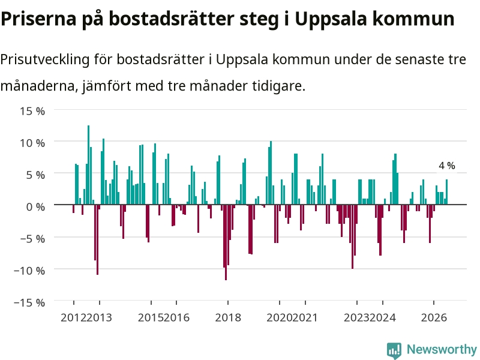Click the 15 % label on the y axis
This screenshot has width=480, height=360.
pyautogui.click(x=33, y=111)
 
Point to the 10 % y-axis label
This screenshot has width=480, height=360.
pyautogui.click(x=33, y=143)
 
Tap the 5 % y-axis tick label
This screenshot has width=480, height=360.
pyautogui.click(x=35, y=175)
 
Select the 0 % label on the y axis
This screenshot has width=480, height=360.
pyautogui.click(x=35, y=206)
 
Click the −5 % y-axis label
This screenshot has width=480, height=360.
pyautogui.click(x=33, y=238)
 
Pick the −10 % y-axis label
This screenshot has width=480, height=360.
pyautogui.click(x=29, y=271)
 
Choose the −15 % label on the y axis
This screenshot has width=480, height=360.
pyautogui.click(x=29, y=302)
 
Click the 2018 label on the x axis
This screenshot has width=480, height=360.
pyautogui.click(x=228, y=317)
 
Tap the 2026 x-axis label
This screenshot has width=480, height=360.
pyautogui.click(x=434, y=317)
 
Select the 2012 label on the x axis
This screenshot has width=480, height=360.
pyautogui.click(x=73, y=317)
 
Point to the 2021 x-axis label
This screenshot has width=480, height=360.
pyautogui.click(x=305, y=317)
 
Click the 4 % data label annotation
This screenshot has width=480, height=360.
pyautogui.click(x=446, y=166)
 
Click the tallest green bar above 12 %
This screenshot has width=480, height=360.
pyautogui.click(x=88, y=165)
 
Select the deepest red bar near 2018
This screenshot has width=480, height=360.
pyautogui.click(x=226, y=242)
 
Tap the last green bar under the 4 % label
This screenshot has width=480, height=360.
pyautogui.click(x=446, y=192)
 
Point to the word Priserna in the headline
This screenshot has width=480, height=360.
pyautogui.click(x=38, y=19)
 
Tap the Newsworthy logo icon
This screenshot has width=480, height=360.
pyautogui.click(x=394, y=350)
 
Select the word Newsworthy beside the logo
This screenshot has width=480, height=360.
pyautogui.click(x=442, y=349)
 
